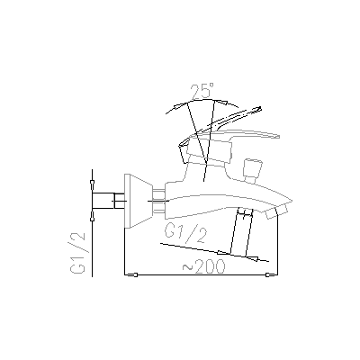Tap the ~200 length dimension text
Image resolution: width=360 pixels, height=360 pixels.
[x=203, y=265]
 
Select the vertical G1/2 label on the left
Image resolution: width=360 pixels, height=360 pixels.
[x=77, y=253]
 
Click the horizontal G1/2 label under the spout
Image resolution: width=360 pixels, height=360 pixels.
[x=185, y=234]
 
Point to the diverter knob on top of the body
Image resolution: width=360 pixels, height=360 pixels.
[x=254, y=171]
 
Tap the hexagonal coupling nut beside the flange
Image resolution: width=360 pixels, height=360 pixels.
[x=159, y=201]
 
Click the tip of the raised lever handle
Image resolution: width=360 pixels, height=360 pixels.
[x=260, y=108]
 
